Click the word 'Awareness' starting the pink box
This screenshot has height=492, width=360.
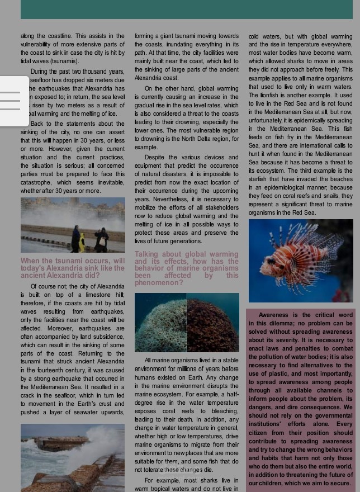click(x=273, y=315)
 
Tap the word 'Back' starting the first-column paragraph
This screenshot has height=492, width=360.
click(x=37, y=124)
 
